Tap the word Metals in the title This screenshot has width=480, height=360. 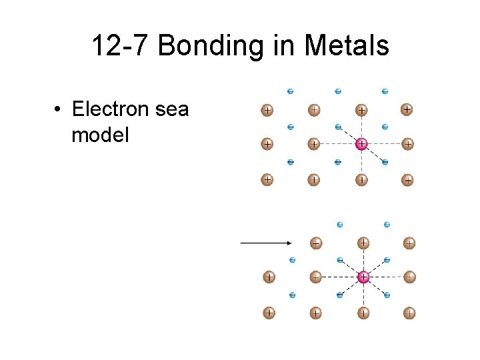pyautogui.click(x=346, y=47)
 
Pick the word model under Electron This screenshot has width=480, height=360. pyautogui.click(x=100, y=135)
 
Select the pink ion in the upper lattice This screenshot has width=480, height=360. pyautogui.click(x=361, y=143)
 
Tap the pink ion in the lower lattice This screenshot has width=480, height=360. pyautogui.click(x=363, y=277)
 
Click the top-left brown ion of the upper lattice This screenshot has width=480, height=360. pyautogui.click(x=267, y=110)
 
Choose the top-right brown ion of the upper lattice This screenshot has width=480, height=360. pyautogui.click(x=407, y=109)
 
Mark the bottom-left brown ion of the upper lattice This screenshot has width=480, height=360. pyautogui.click(x=267, y=179)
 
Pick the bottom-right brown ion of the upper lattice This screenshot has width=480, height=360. pyautogui.click(x=408, y=180)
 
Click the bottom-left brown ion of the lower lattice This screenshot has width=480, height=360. pyautogui.click(x=269, y=312)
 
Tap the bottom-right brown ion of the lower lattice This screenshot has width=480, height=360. pyautogui.click(x=410, y=312)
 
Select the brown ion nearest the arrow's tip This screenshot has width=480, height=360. pyautogui.click(x=316, y=243)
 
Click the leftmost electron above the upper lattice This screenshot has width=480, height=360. pyautogui.click(x=291, y=91)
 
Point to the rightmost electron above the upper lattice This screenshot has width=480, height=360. pyautogui.click(x=385, y=91)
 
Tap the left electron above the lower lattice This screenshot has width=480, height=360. pyautogui.click(x=340, y=225)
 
